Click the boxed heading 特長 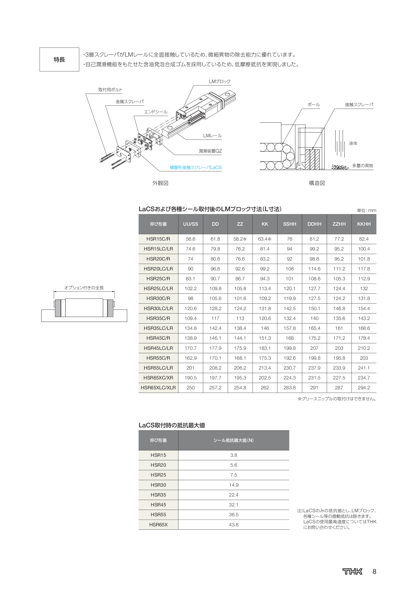[x=59, y=59]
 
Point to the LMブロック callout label [x=220, y=82]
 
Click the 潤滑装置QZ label [x=210, y=151]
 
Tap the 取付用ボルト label [x=110, y=90]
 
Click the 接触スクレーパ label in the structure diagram [x=359, y=105]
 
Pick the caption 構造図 [x=317, y=183]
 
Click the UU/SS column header [x=190, y=224]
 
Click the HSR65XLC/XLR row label [x=158, y=388]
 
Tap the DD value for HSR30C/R [x=215, y=298]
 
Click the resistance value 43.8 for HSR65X [x=234, y=525]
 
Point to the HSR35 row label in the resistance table [x=158, y=495]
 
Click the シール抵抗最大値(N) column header [x=234, y=440]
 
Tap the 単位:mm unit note [x=366, y=210]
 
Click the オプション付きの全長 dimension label [x=84, y=288]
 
